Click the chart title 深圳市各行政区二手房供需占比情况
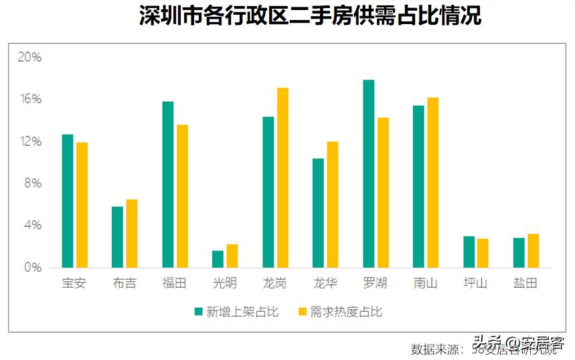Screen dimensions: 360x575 click(311, 16)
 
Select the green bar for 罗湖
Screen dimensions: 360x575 click(368, 174)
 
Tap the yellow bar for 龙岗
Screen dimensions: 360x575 click(282, 178)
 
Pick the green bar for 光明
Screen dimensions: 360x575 click(218, 259)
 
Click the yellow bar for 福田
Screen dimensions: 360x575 click(182, 196)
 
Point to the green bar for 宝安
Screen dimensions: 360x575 click(68, 201)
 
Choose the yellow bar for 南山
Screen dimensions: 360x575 click(432, 183)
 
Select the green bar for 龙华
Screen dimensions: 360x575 click(318, 213)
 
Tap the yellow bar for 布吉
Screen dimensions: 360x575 click(132, 234)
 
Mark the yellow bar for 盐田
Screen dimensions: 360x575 click(533, 250)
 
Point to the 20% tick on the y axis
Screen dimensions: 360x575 click(29, 58)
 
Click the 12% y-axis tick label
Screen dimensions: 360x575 click(29, 142)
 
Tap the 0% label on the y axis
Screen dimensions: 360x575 click(31, 268)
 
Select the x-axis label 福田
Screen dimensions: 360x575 click(174, 283)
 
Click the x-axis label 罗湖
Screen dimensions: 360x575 click(375, 283)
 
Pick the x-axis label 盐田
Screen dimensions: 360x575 click(525, 283)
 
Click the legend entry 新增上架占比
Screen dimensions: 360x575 click(236, 312)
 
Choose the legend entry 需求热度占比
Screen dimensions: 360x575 click(340, 312)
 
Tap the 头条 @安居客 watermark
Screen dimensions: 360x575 click(517, 341)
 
